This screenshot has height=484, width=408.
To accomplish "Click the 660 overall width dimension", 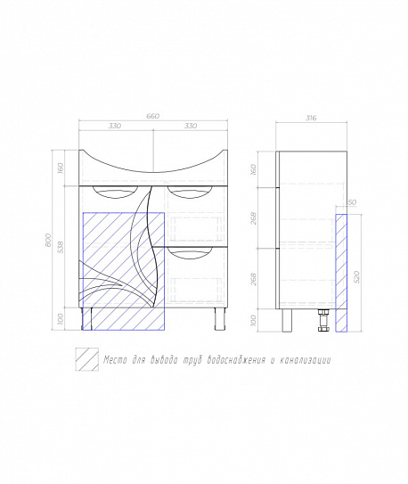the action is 152,116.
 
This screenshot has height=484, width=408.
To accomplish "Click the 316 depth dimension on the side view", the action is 311,118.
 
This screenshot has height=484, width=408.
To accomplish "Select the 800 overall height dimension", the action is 48,240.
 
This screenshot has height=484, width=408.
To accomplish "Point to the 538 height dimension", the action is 61,247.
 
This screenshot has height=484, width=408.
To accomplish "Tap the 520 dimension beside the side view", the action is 356,276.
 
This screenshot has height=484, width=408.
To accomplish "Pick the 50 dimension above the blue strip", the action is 352,202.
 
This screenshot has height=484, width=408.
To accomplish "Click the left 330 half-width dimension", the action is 115,126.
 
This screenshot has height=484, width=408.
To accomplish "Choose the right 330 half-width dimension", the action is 191,126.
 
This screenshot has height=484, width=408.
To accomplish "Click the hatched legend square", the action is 87,359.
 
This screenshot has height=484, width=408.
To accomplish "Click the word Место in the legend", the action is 115,360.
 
